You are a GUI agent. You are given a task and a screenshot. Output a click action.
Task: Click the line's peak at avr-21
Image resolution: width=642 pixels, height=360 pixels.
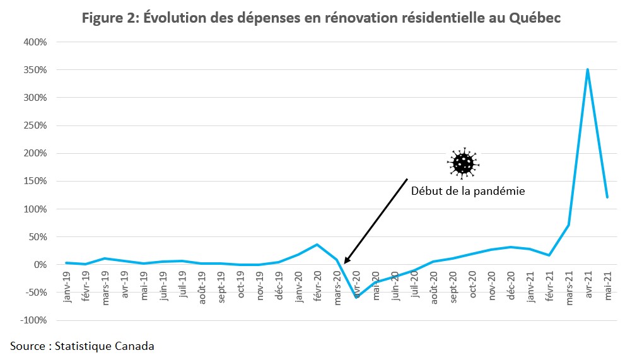click(588, 69)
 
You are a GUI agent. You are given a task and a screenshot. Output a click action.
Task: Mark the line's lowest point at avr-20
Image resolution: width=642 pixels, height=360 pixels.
click(356, 297)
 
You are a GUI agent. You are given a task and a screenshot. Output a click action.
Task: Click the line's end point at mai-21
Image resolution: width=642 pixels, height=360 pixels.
click(607, 197)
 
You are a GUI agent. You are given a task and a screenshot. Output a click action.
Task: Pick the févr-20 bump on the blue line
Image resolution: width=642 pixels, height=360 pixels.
click(317, 245)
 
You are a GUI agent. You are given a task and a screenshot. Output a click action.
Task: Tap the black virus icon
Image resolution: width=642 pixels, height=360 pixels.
click(464, 163)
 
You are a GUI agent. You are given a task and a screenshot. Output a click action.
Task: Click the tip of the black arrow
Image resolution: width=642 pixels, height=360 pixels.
click(344, 263)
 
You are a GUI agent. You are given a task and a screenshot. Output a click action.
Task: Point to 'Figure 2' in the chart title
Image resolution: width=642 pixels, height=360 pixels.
click(108, 18)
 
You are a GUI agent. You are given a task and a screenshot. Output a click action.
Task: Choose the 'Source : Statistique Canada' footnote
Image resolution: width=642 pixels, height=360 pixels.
click(82, 345)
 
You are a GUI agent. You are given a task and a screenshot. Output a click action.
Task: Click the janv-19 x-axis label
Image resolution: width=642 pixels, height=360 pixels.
click(67, 292)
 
